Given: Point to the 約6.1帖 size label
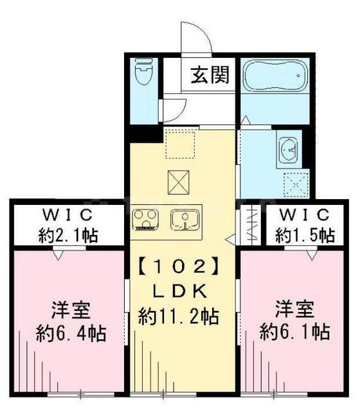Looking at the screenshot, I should (295, 332).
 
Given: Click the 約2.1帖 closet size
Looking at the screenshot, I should (67, 234).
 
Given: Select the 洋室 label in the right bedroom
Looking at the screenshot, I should (295, 309).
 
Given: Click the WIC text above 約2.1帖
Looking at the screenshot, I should (67, 214).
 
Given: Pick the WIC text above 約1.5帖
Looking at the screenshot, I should (304, 214).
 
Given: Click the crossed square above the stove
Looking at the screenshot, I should (179, 184).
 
